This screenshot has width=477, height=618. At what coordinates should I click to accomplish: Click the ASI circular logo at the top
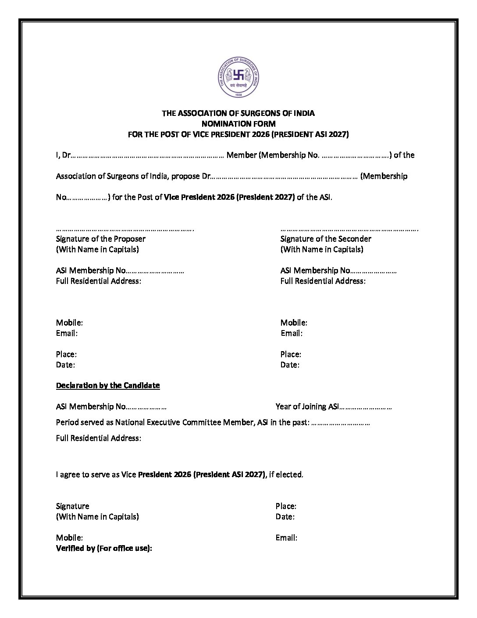click(x=239, y=78)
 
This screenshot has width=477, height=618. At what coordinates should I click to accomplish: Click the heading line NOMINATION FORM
click(x=238, y=124)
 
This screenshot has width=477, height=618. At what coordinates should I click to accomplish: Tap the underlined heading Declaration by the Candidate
click(x=108, y=385)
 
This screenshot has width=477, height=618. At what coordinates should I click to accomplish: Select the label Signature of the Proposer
click(x=101, y=239)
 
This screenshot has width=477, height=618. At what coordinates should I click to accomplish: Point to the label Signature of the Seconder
click(x=326, y=239)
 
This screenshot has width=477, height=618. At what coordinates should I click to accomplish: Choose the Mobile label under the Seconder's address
click(x=294, y=323)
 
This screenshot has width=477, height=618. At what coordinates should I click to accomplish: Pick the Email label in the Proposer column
click(x=67, y=333)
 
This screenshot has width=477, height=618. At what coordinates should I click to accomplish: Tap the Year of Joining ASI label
click(x=307, y=406)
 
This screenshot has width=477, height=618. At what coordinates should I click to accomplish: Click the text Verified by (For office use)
click(x=104, y=548)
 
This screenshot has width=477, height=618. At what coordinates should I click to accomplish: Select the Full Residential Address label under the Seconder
click(x=323, y=281)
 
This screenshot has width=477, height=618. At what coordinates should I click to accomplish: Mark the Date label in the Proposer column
click(x=65, y=365)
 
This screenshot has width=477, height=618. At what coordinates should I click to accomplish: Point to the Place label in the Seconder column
click(x=291, y=354)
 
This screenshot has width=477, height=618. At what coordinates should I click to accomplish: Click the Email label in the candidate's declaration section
click(x=286, y=538)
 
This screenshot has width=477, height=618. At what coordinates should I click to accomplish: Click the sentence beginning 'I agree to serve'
click(x=179, y=474)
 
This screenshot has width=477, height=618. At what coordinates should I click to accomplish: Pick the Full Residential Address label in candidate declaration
click(x=99, y=438)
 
